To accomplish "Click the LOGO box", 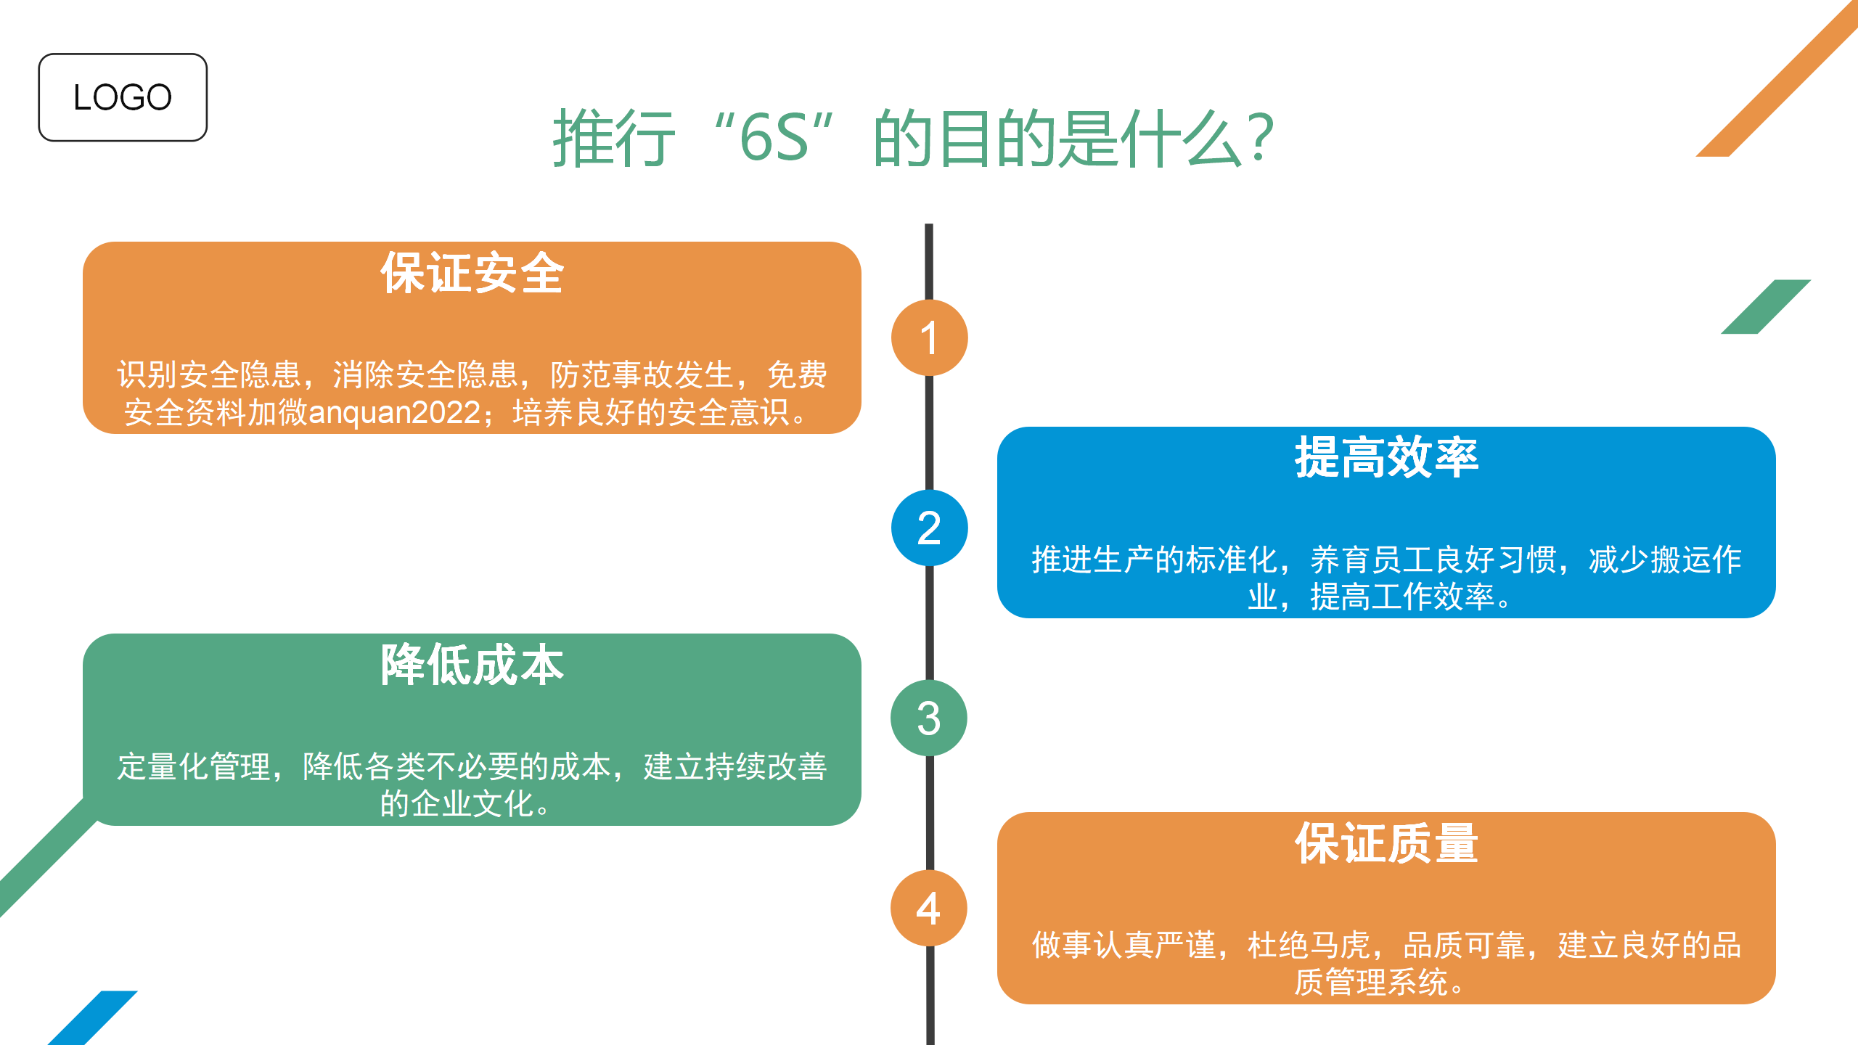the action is pos(123,97).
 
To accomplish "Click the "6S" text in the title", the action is pos(774,138).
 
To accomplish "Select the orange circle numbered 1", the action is pos(929,337).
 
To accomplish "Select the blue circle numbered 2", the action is pos(929,528).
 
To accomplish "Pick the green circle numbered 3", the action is pos(929,718).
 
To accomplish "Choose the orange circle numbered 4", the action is pos(929,908).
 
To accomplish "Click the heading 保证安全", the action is pos(472,273).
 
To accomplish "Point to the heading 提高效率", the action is pos(1386,457).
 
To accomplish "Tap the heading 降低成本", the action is pos(472,664).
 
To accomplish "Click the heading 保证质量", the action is pos(1386,843).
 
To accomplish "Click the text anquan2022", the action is pos(395,413).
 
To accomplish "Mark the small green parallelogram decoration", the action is pos(1766,306).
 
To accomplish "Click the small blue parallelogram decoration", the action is pos(93,1017).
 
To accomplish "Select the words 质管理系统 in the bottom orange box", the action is pos(1371,983).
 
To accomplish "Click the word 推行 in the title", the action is pos(614,138).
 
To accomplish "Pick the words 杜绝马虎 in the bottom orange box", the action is pos(1309,945).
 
